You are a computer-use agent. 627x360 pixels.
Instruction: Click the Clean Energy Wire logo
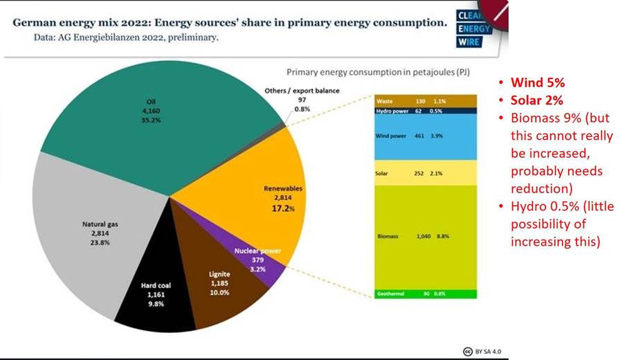[473, 29]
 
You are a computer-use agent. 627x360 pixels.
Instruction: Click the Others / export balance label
[302, 91]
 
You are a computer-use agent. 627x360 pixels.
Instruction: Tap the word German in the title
[35, 22]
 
